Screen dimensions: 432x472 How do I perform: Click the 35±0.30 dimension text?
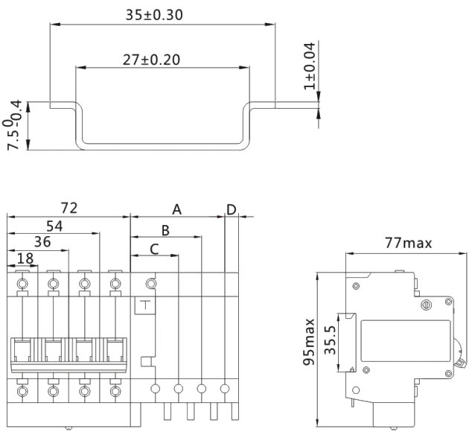(155, 14)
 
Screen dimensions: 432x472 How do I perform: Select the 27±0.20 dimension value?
(151, 60)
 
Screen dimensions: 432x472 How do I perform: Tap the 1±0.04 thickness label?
(309, 66)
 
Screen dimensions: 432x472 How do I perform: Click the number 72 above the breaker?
(68, 208)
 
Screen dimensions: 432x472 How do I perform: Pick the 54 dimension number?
(54, 225)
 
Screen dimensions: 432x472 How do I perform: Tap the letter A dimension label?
(177, 209)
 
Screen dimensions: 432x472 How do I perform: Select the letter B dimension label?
(166, 230)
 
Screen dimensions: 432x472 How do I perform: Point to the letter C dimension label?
(154, 249)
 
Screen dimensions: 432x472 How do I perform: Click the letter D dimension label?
(232, 209)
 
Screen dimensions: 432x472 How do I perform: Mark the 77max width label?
(408, 243)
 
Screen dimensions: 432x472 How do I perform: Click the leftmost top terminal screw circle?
(23, 283)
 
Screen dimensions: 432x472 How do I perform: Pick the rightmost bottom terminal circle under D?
(225, 388)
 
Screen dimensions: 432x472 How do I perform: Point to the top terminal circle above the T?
(151, 283)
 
